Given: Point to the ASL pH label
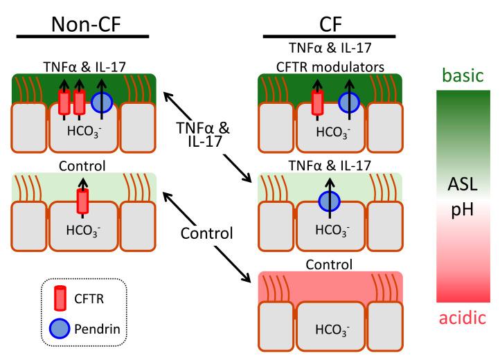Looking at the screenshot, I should [459, 195].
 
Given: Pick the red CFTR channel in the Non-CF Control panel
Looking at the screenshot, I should [82, 201].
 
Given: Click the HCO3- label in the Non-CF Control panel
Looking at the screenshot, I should [82, 230].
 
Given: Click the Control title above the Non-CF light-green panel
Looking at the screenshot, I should [82, 166].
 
